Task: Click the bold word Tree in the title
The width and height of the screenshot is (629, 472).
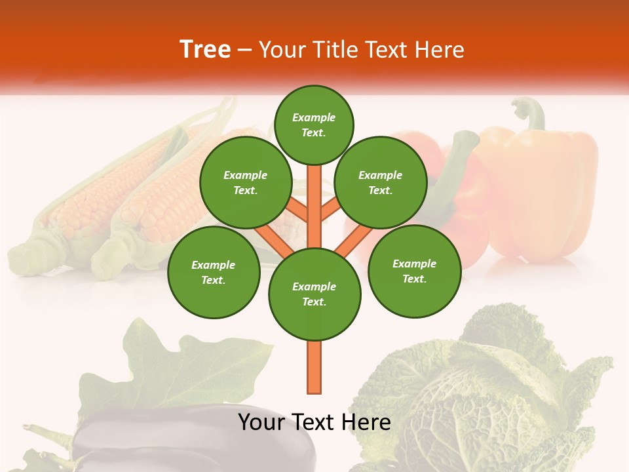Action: point(205,50)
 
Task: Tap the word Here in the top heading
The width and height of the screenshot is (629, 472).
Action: point(439,50)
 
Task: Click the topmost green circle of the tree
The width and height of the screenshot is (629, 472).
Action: point(314,125)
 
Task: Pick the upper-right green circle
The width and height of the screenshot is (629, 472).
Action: point(381,183)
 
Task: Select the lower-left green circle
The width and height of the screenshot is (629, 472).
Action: point(214,272)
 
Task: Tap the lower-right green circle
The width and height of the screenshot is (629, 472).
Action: point(415,271)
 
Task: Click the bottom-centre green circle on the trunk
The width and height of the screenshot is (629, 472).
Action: point(314,294)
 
